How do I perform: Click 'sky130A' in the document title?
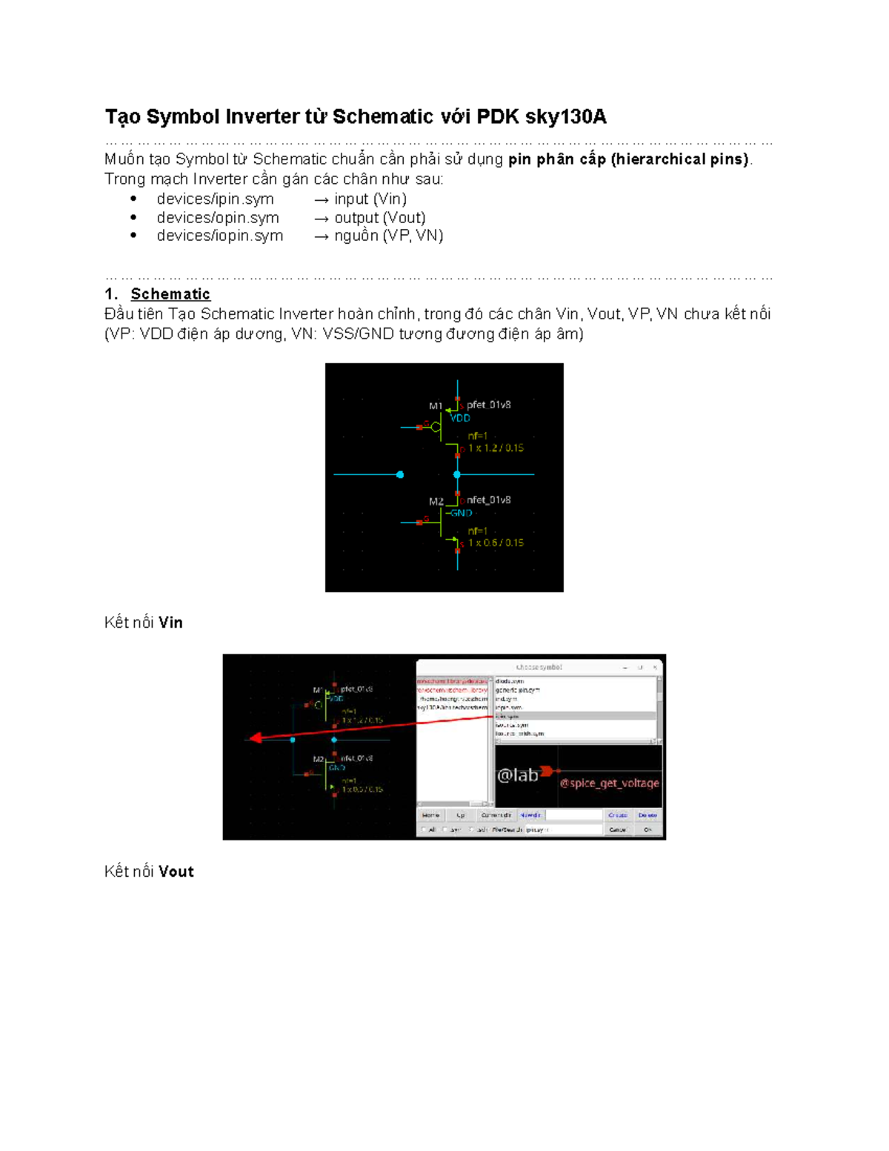(x=566, y=117)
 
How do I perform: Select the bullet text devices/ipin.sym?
(x=215, y=199)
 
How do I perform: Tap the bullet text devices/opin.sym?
(x=218, y=217)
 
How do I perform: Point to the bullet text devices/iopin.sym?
(x=220, y=236)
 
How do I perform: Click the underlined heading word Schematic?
(x=170, y=294)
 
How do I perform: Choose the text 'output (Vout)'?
(x=379, y=217)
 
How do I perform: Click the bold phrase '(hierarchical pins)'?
(x=680, y=159)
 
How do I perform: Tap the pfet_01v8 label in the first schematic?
(x=488, y=405)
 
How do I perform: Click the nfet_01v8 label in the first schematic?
(x=488, y=500)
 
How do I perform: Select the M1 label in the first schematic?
(x=436, y=406)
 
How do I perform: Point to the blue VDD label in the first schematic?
(x=460, y=418)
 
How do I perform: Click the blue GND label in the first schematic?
(x=461, y=513)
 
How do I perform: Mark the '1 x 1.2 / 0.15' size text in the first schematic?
(x=496, y=448)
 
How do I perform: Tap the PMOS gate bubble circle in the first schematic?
(x=436, y=427)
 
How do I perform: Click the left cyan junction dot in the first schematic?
(x=400, y=474)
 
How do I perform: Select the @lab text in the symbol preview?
(x=517, y=775)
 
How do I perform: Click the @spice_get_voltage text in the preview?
(x=609, y=783)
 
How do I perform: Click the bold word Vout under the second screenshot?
(x=176, y=872)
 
